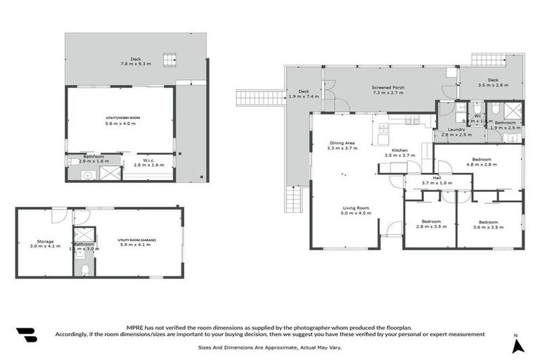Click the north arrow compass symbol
pyautogui.click(x=517, y=345)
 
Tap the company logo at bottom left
pyautogui.click(x=26, y=335)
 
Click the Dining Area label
pyautogui.click(x=342, y=146)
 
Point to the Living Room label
pyautogui.click(x=356, y=210)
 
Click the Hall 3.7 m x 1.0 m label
pyautogui.click(x=437, y=180)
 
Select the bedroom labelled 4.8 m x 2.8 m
pyautogui.click(x=481, y=162)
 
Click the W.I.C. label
pyautogui.click(x=148, y=162)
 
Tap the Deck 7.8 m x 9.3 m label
pyautogui.click(x=135, y=61)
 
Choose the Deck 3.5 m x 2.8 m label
pyautogui.click(x=493, y=82)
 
